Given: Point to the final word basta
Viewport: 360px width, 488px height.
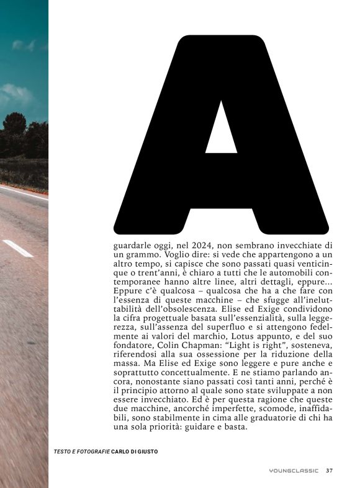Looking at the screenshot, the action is pos(235,425).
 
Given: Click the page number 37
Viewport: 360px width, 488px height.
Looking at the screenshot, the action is pos(329,471).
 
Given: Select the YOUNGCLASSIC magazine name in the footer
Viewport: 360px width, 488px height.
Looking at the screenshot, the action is pos(294,471).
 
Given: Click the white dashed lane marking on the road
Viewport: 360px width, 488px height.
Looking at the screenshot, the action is pos(17,247).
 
